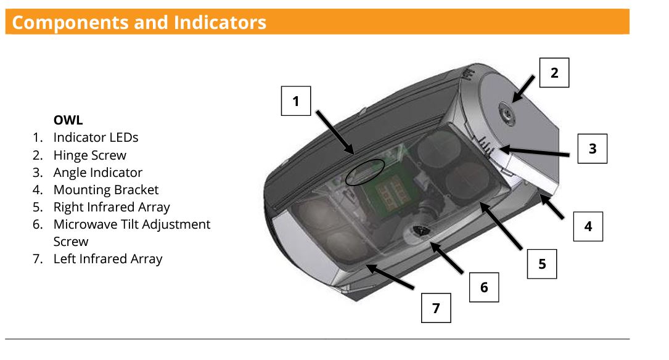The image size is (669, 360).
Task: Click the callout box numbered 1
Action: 296,101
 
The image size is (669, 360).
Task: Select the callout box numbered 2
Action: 554,73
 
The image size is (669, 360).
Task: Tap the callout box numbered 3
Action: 592,149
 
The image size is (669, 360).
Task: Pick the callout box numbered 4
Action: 588,226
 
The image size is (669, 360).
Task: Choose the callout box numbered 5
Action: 541,264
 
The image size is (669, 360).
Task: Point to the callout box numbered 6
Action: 483,287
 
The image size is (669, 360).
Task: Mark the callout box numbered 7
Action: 436,308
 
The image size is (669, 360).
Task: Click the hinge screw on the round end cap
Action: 505,111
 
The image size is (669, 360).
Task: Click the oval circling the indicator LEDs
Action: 364,172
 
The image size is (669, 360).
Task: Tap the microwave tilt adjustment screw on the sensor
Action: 424,232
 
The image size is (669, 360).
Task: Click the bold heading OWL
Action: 68,120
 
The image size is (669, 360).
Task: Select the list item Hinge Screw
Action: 89,155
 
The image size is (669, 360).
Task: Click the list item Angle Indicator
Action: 97,173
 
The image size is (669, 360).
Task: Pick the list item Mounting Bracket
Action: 105,190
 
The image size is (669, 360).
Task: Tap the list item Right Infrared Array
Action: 111,207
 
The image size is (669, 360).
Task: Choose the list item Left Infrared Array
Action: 107,259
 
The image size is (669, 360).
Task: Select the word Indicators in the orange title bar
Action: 220,22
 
